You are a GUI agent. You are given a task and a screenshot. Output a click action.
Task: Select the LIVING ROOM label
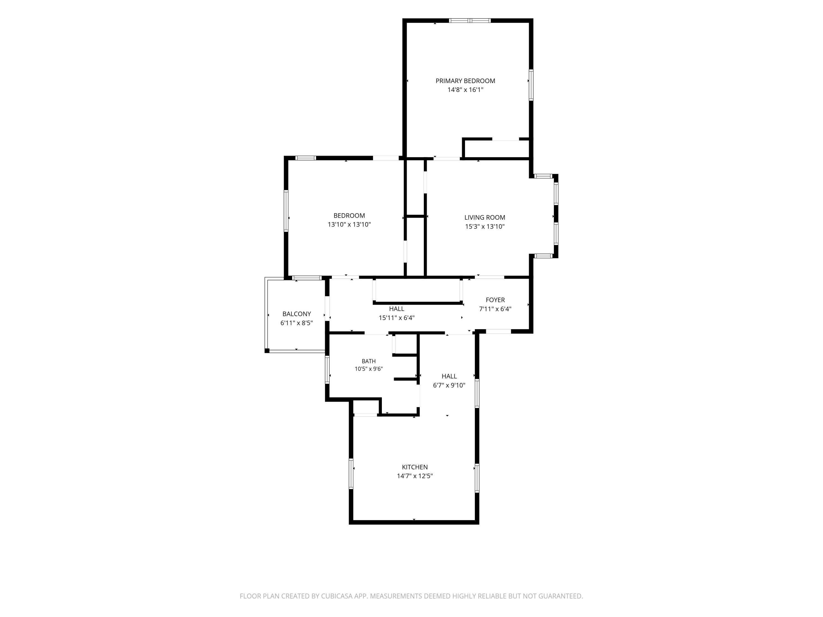pos(484,217)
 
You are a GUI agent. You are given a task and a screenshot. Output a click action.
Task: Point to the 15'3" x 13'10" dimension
pos(484,227)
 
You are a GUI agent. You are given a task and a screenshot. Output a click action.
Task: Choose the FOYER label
pos(495,300)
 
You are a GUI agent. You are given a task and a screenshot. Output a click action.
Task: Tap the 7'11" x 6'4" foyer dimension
pos(495,309)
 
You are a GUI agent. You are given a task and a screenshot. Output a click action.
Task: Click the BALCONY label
pos(297,314)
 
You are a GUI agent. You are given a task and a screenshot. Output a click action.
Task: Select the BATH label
pos(368,361)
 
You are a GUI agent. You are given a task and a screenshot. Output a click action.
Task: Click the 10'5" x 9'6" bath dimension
pos(368,369)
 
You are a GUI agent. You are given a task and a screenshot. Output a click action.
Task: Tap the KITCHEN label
pos(415,467)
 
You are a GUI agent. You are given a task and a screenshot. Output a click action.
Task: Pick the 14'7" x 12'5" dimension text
pos(415,476)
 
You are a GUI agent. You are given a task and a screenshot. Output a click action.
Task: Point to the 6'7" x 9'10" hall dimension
pos(449,385)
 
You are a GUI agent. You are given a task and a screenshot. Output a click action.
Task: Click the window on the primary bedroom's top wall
pos(470,21)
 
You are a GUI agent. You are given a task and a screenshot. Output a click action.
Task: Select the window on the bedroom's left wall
pos(286,211)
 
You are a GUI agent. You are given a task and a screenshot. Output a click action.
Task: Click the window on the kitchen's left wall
pos(351,474)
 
